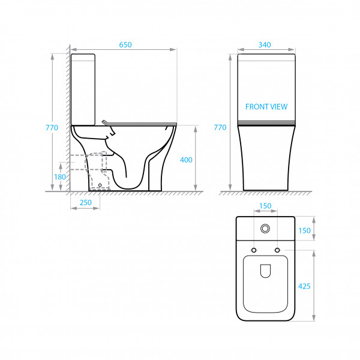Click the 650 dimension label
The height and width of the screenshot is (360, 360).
pyautogui.click(x=125, y=44)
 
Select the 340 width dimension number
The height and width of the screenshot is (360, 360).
pyautogui.click(x=265, y=44)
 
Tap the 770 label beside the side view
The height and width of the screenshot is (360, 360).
pyautogui.click(x=52, y=127)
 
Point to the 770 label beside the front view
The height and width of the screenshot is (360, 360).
pyautogui.click(x=220, y=127)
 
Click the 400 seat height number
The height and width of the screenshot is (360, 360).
pyautogui.click(x=186, y=160)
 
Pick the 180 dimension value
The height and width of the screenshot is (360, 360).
pyautogui.click(x=60, y=177)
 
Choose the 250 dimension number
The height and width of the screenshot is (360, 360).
pyautogui.click(x=86, y=203)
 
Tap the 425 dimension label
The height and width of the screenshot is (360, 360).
pyautogui.click(x=304, y=286)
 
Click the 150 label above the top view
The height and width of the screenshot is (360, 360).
pyautogui.click(x=265, y=206)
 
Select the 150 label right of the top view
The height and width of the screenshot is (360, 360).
pyautogui.click(x=304, y=230)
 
